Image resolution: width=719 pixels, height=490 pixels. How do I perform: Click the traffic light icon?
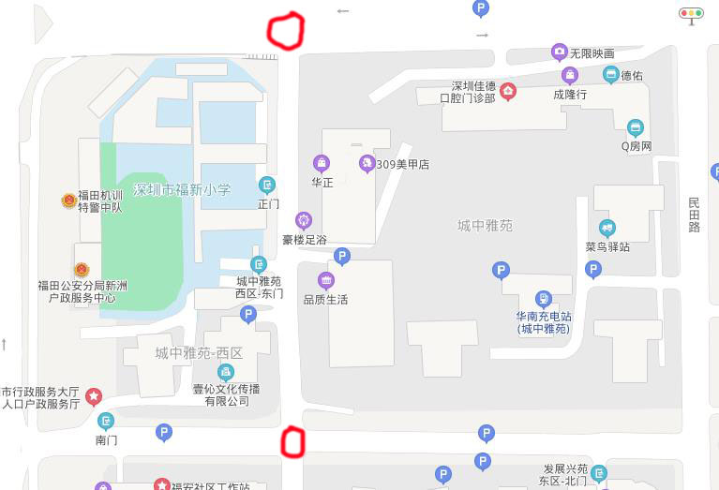click(x=692, y=14)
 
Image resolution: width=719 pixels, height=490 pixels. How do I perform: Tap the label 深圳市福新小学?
click(x=182, y=189)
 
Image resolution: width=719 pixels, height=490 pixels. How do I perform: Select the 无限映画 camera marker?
click(x=560, y=52)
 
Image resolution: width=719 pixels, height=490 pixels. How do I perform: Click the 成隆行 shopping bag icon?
click(x=569, y=75)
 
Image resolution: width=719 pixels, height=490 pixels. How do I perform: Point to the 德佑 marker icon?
click(x=610, y=75)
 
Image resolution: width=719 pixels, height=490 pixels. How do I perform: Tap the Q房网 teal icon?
click(x=636, y=127)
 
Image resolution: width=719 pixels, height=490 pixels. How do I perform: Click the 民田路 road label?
click(x=694, y=215)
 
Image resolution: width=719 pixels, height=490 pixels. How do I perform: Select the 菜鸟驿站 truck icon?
click(x=607, y=228)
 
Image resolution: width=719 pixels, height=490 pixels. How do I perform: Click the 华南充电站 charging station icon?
click(x=544, y=299)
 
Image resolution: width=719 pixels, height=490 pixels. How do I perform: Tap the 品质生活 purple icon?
click(x=325, y=280)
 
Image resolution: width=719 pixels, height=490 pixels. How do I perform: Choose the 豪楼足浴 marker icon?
click(x=304, y=220)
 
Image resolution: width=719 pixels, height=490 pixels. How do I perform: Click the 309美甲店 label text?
click(x=402, y=164)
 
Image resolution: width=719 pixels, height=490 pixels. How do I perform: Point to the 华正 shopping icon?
click(x=322, y=163)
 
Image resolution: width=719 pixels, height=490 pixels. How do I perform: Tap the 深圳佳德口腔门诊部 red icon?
click(x=507, y=90)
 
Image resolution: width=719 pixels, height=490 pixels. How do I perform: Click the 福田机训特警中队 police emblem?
click(x=68, y=200)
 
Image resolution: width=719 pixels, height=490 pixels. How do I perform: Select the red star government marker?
click(x=94, y=396)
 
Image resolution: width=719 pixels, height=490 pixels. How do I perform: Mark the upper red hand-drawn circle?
click(x=286, y=31)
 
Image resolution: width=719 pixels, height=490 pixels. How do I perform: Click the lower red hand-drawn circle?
click(x=293, y=441)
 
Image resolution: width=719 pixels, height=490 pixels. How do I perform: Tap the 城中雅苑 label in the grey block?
click(x=485, y=225)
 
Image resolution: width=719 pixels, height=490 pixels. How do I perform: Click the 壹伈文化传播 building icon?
click(x=225, y=372)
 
